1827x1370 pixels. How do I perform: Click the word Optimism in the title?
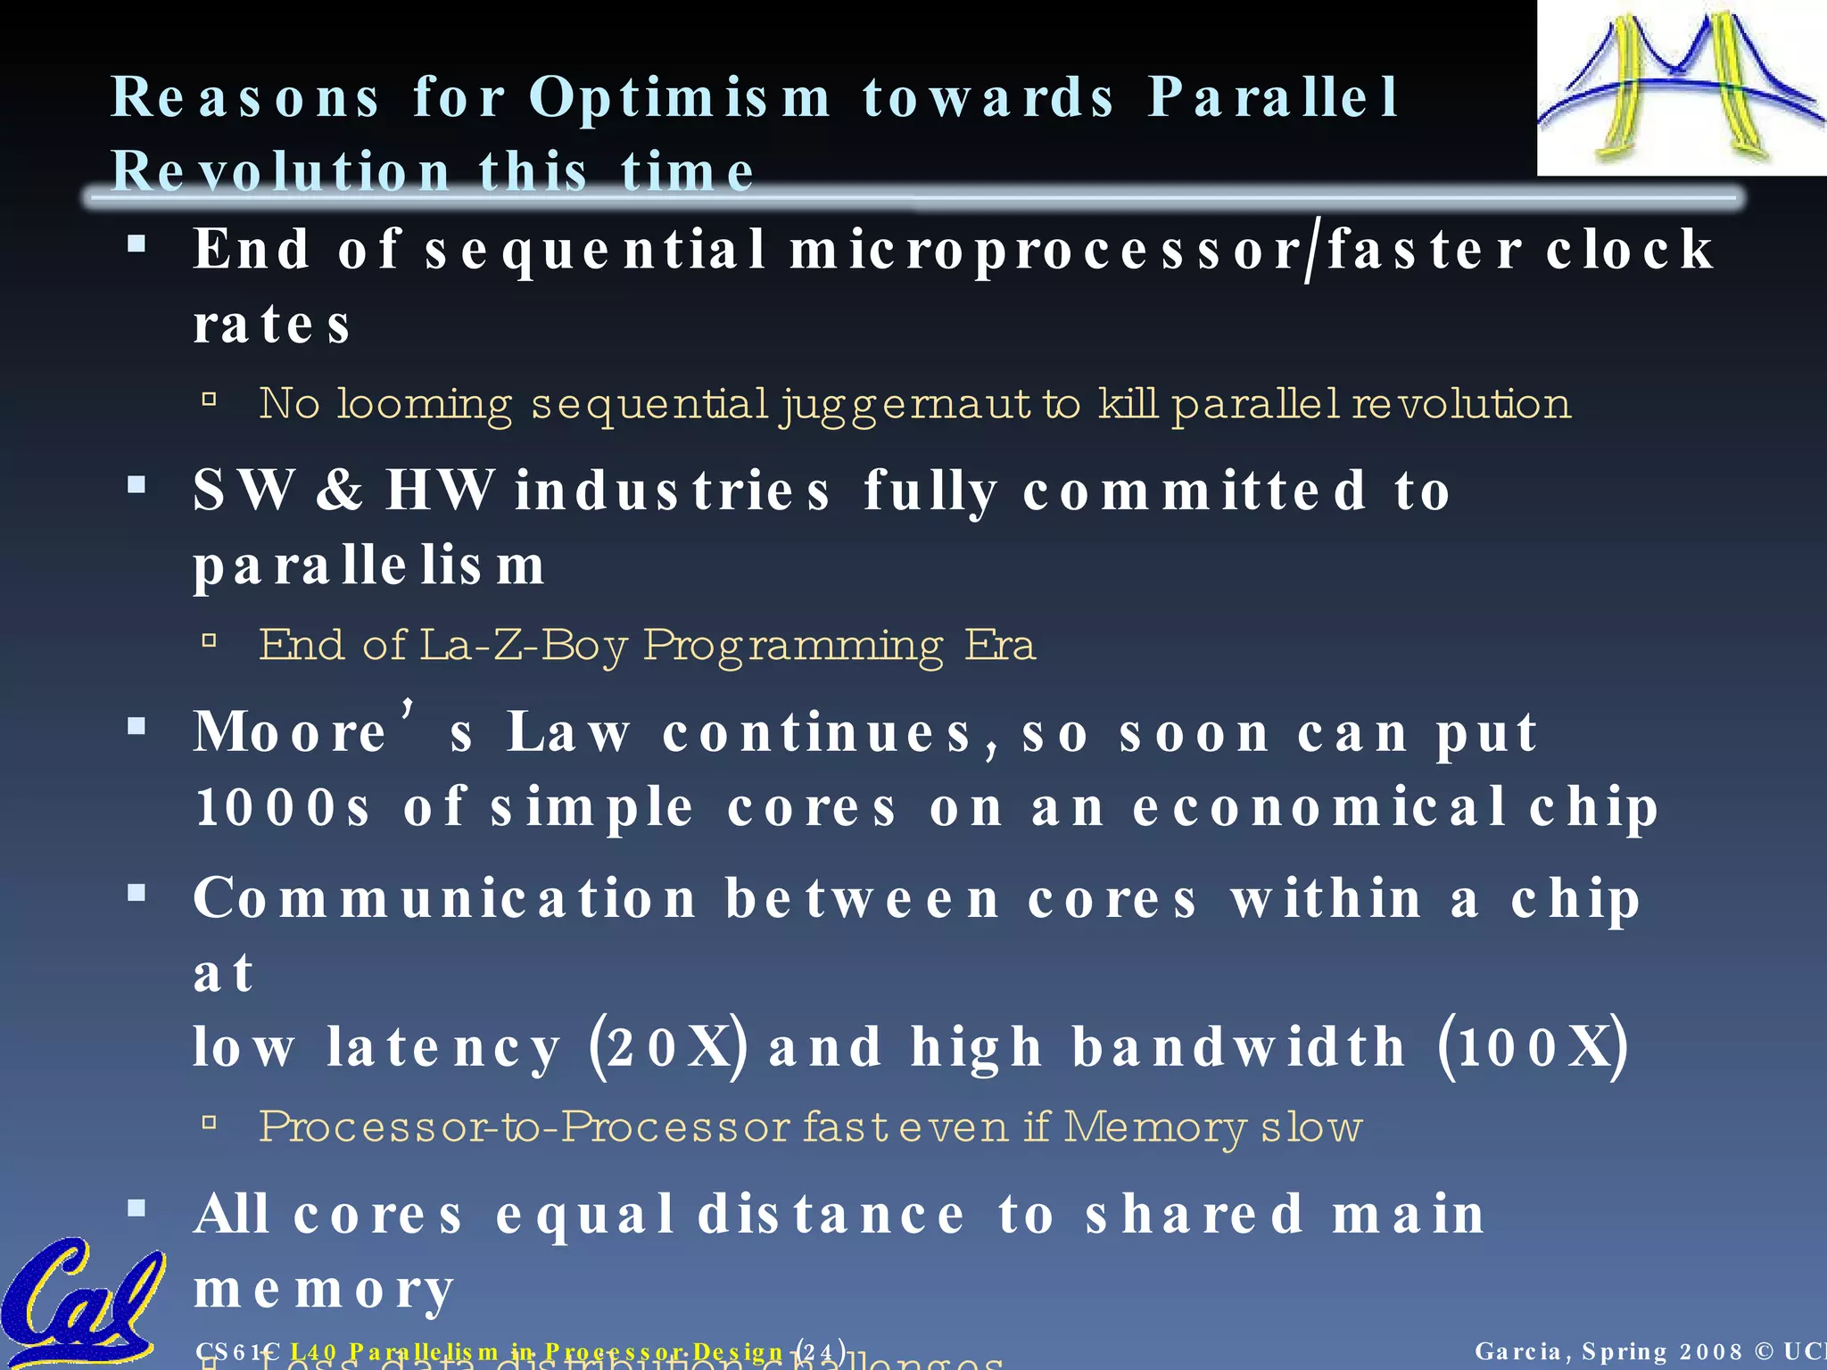pos(680,98)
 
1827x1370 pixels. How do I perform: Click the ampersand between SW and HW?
pos(339,491)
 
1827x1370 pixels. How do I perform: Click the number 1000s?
pos(282,808)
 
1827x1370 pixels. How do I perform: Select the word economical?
pos(1320,808)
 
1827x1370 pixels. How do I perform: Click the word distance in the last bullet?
pos(831,1215)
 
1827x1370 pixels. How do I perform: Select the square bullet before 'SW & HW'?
pos(136,486)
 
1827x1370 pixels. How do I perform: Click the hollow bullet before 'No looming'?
pos(210,400)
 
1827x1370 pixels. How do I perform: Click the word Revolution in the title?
pos(280,171)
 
